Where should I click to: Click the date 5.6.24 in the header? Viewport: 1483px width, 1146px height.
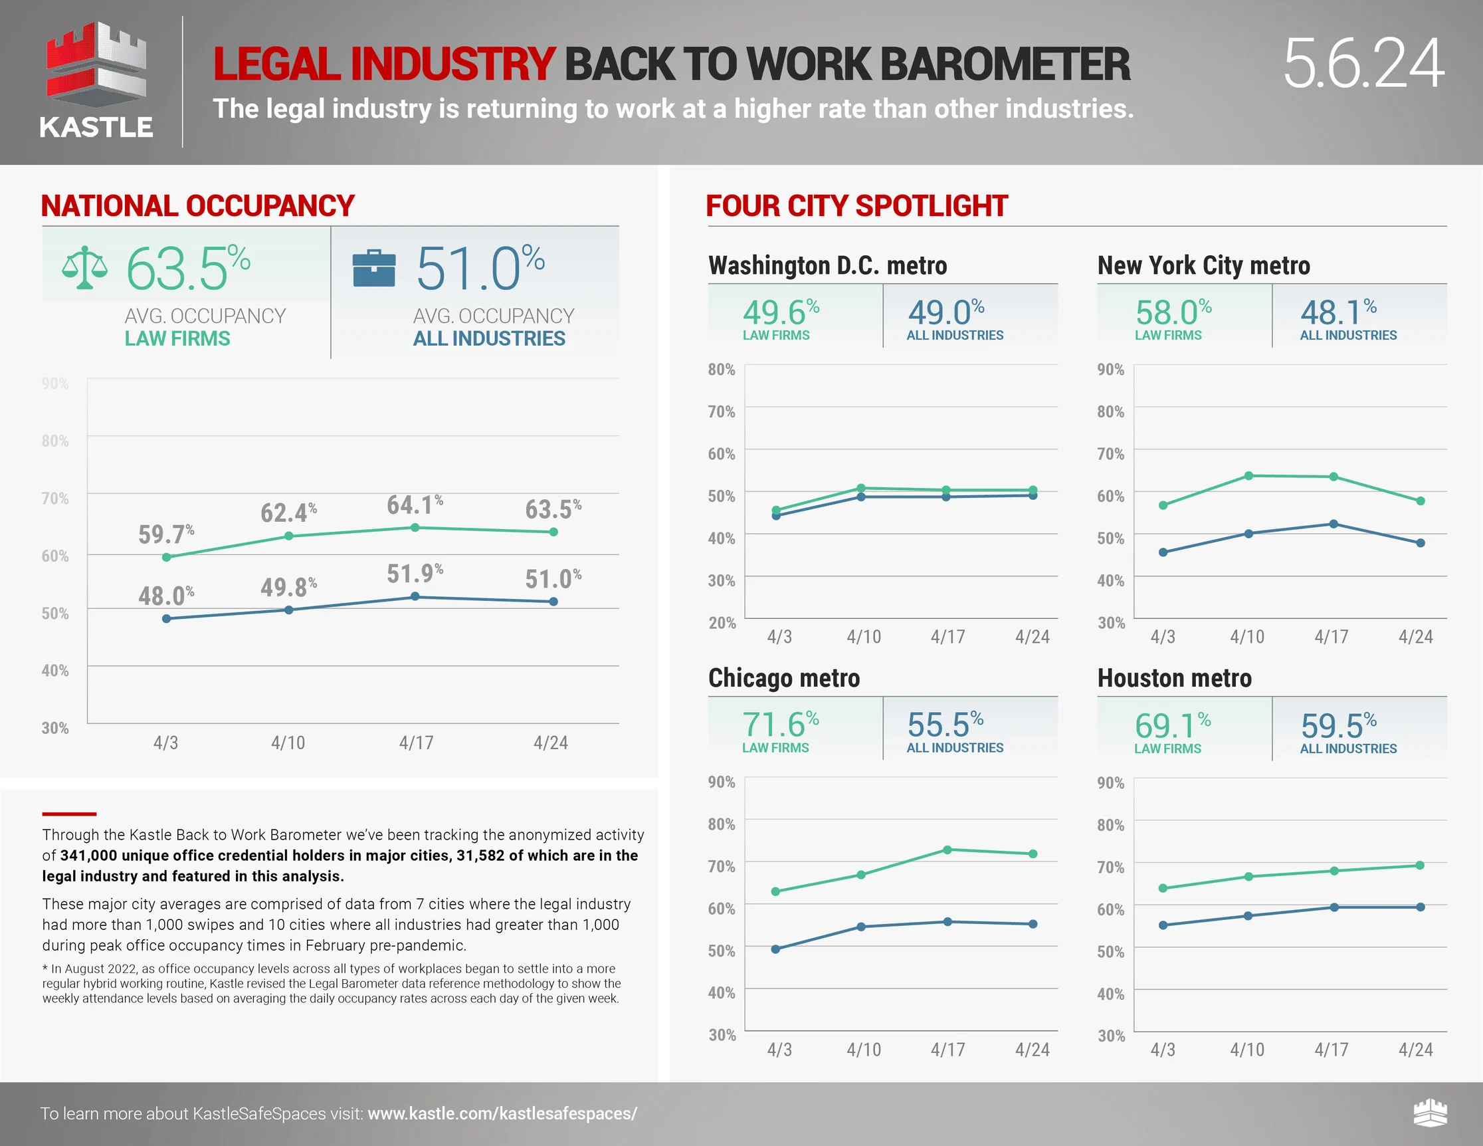point(1363,64)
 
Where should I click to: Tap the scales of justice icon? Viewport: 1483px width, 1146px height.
point(84,267)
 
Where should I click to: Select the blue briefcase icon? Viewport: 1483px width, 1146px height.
point(373,269)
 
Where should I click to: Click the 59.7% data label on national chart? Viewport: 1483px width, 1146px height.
point(165,534)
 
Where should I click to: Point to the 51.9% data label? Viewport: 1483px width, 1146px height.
point(414,574)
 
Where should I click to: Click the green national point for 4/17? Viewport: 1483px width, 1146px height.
point(415,527)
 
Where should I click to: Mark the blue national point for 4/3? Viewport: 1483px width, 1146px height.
point(166,618)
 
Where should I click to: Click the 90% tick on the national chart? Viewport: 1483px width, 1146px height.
point(55,384)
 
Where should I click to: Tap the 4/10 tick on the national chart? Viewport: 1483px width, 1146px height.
point(288,743)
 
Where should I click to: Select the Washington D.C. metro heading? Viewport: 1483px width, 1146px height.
point(827,265)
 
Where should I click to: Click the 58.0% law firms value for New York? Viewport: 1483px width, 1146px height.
point(1173,313)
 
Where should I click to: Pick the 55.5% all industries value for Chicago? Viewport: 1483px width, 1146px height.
point(945,725)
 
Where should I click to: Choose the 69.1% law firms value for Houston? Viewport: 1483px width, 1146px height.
point(1172,725)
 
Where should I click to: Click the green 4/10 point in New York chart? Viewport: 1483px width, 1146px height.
point(1248,475)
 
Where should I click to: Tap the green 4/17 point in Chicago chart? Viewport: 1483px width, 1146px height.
point(947,850)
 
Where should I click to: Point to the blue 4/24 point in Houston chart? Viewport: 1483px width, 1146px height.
point(1420,907)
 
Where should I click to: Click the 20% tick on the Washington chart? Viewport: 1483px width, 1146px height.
point(722,623)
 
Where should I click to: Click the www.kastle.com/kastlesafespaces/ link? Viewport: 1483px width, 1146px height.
point(502,1113)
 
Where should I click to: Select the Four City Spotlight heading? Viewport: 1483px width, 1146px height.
point(856,206)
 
